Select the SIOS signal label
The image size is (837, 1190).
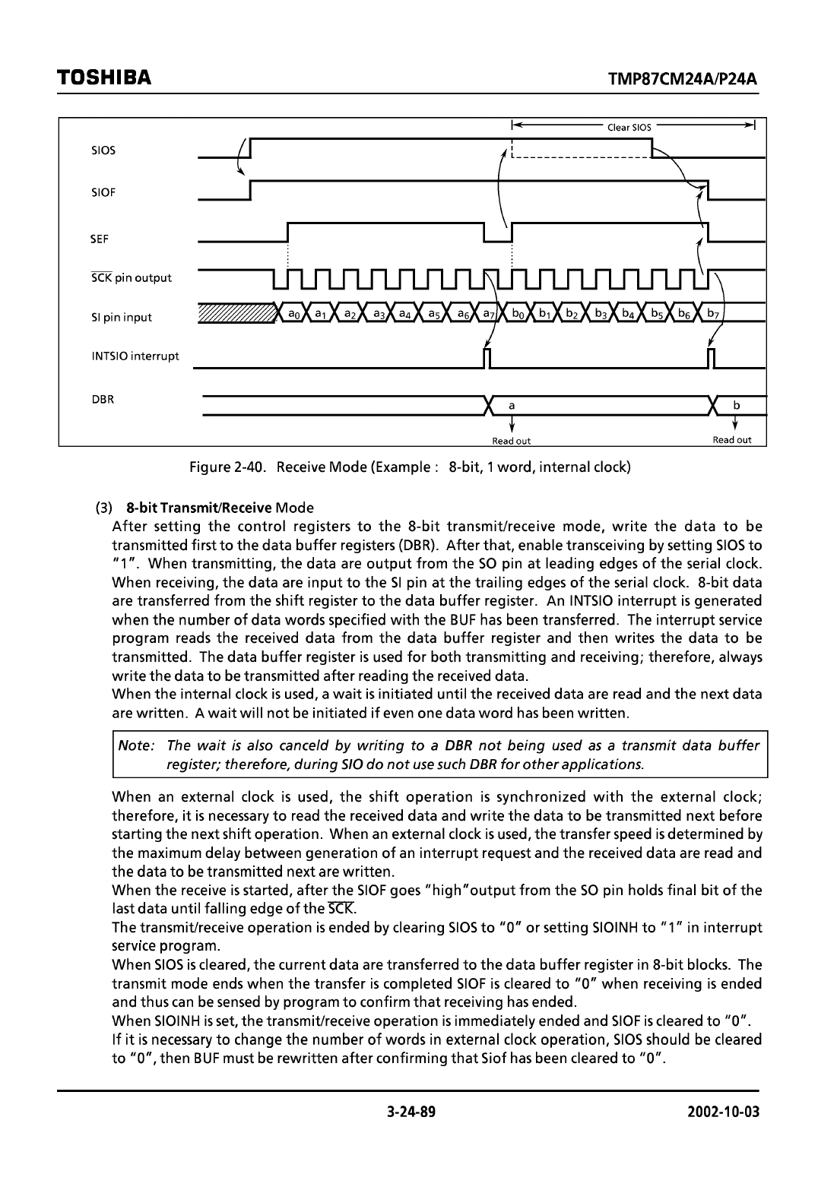(x=103, y=150)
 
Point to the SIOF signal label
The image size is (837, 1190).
(x=103, y=193)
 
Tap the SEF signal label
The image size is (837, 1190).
(x=100, y=239)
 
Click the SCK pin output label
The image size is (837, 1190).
(x=132, y=278)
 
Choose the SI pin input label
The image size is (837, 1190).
(x=122, y=318)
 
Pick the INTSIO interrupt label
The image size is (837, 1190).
(x=135, y=356)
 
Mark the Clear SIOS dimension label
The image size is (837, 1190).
(x=629, y=128)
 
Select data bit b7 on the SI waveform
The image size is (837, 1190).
(x=712, y=313)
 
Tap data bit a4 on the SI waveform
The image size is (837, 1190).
(x=405, y=313)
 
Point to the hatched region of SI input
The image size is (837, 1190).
(x=236, y=313)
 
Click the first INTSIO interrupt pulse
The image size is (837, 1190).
(x=487, y=357)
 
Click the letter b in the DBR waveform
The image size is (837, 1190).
(x=736, y=406)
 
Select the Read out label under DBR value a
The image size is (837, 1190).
(x=512, y=441)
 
